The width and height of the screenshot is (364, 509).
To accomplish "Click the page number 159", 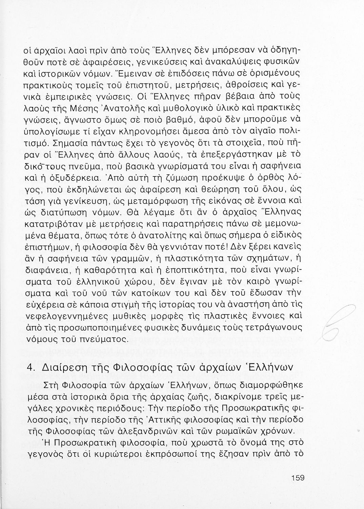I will [x=298, y=478].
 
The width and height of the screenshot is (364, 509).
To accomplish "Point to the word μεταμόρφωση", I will [x=164, y=201].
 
